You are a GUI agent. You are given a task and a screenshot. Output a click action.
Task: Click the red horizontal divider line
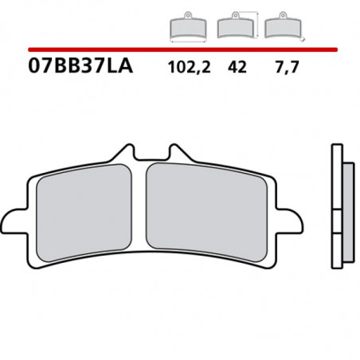click(x=179, y=49)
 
